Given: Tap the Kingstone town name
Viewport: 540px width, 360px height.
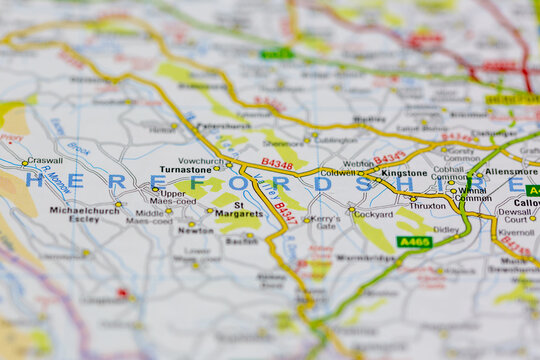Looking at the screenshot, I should pyautogui.click(x=404, y=173).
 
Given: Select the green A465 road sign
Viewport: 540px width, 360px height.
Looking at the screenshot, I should pyautogui.click(x=414, y=242).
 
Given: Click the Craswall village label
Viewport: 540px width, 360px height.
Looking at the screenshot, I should pyautogui.click(x=44, y=160).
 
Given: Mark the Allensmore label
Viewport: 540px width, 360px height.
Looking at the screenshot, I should pyautogui.click(x=511, y=172).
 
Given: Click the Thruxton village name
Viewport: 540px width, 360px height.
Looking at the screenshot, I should pyautogui.click(x=428, y=205).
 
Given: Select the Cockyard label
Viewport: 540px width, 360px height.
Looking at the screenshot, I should pyautogui.click(x=373, y=214).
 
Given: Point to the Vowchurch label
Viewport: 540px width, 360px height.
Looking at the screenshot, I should pyautogui.click(x=200, y=160).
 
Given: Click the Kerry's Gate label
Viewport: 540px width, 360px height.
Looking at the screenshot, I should pyautogui.click(x=324, y=222).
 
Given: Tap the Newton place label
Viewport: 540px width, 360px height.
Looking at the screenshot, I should pyautogui.click(x=195, y=229).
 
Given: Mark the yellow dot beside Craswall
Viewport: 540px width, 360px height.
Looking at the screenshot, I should pyautogui.click(x=24, y=163).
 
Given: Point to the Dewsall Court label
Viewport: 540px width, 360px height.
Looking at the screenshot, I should pyautogui.click(x=516, y=215).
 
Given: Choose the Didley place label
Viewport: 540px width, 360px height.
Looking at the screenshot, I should pyautogui.click(x=446, y=229).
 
